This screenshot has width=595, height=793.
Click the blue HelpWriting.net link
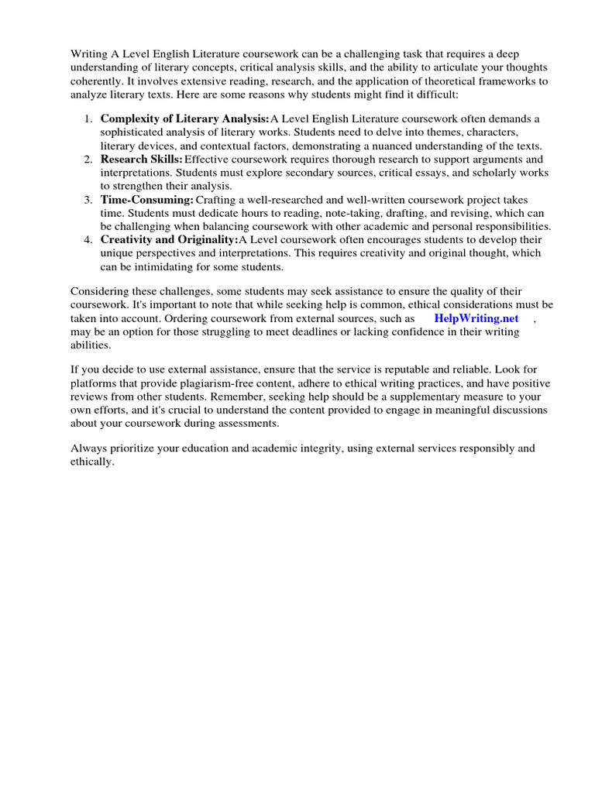[x=476, y=318]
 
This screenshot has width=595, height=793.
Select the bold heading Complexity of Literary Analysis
[x=184, y=118]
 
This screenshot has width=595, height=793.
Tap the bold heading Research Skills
[x=142, y=159]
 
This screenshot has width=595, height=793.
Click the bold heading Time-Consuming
[x=146, y=200]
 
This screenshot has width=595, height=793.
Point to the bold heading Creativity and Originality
[x=169, y=240]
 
